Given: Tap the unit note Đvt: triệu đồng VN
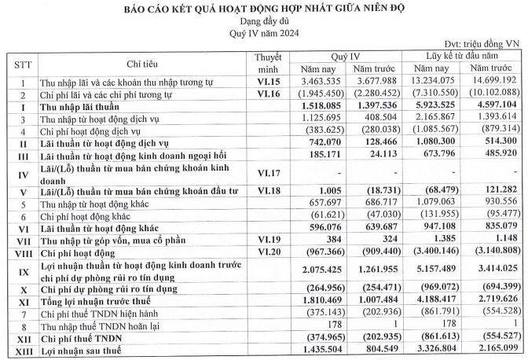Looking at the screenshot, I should tap(482, 46).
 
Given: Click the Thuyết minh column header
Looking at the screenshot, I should tap(267, 63).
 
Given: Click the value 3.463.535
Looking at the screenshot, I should tap(324, 82).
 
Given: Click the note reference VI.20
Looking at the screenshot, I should tap(267, 252).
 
